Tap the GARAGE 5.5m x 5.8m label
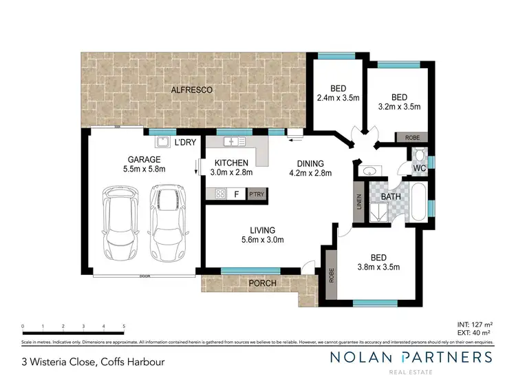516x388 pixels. tap(144, 163)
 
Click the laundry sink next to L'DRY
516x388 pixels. tap(163, 142)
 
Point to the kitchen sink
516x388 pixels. tap(234, 142)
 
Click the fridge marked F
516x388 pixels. tap(237, 194)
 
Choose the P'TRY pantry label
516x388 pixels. tap(257, 194)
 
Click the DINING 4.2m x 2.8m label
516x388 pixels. tap(310, 168)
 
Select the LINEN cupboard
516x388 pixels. tap(359, 201)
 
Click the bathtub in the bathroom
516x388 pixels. tap(417, 201)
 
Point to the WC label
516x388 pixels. tap(420, 167)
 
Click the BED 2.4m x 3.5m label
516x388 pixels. tap(338, 93)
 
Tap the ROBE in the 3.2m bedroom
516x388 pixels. tap(413, 138)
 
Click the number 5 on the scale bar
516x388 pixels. tap(124, 326)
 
